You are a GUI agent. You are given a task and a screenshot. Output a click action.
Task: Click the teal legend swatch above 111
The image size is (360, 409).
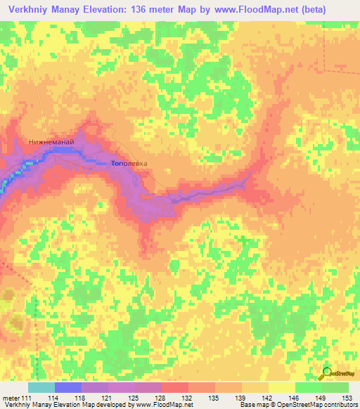(41, 387)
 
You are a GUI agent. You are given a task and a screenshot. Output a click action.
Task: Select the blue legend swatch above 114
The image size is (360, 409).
(68, 387)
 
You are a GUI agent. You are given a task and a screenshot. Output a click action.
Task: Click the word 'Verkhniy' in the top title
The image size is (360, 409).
(29, 10)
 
